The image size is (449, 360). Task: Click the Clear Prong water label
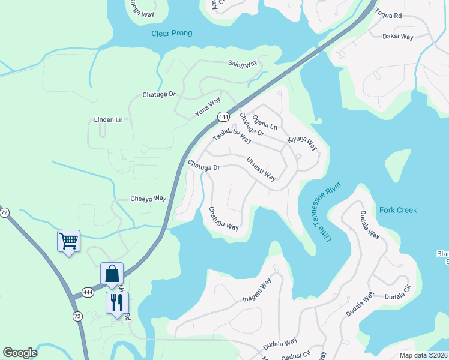click(x=172, y=34)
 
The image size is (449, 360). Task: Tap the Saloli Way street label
click(x=242, y=64)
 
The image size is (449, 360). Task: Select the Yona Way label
click(x=208, y=107)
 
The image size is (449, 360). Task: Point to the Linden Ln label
click(x=108, y=120)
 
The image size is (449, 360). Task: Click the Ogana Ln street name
click(x=265, y=122)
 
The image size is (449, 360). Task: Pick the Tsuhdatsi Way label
click(x=232, y=135)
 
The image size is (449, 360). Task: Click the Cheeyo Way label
click(x=148, y=199)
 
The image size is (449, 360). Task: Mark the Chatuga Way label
click(x=223, y=219)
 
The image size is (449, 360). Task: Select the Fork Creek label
click(x=398, y=211)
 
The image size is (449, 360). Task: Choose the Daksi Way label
click(x=398, y=37)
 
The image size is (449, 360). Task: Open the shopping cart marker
click(x=68, y=241)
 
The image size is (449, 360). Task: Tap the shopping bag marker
click(x=112, y=274)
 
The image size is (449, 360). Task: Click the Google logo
click(x=20, y=353)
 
